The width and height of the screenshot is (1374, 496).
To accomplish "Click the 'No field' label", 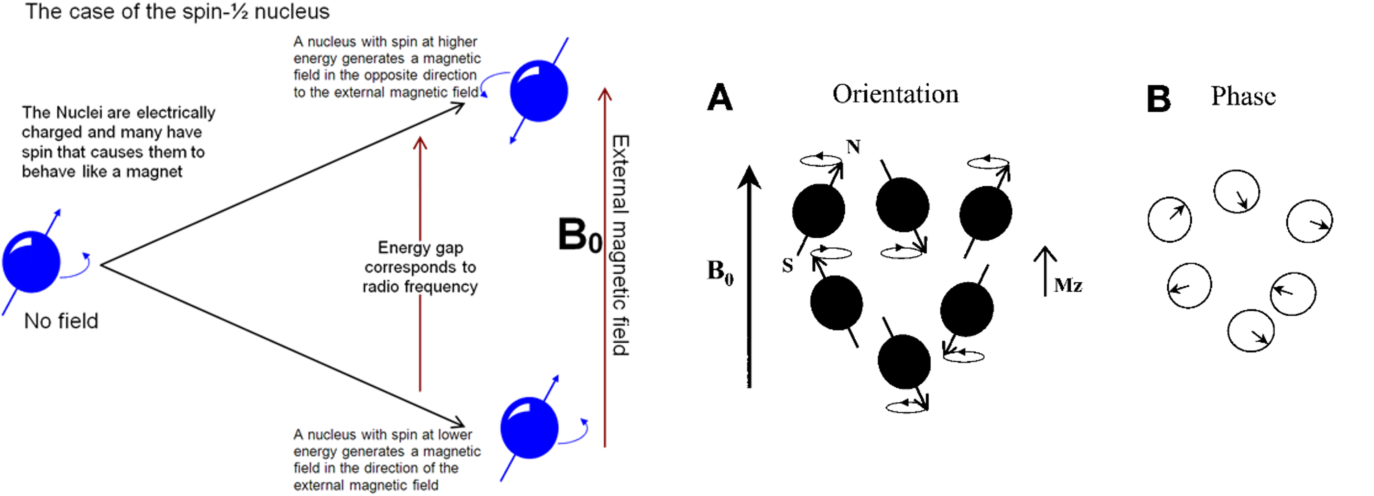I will click(61, 321).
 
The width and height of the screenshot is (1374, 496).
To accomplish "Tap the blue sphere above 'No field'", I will click(31, 262).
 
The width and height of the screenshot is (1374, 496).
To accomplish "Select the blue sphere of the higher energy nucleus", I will click(539, 91).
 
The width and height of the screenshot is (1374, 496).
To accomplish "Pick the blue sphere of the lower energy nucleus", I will click(529, 428).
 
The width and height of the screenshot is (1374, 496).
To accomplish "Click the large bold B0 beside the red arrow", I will click(580, 235).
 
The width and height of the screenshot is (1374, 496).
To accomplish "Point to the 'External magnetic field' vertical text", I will click(620, 245).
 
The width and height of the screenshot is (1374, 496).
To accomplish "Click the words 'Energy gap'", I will click(420, 248).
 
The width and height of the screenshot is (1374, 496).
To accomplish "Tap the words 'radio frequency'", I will click(420, 287).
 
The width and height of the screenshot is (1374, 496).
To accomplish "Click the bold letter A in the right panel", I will click(720, 98).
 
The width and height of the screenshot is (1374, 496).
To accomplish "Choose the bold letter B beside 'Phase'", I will click(1158, 99).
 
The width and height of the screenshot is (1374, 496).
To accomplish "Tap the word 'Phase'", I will click(1243, 97).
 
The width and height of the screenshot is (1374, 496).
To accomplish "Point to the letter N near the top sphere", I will click(854, 147).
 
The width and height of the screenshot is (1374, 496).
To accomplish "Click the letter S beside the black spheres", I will click(788, 265).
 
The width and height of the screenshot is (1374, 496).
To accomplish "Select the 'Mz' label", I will click(1068, 286).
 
